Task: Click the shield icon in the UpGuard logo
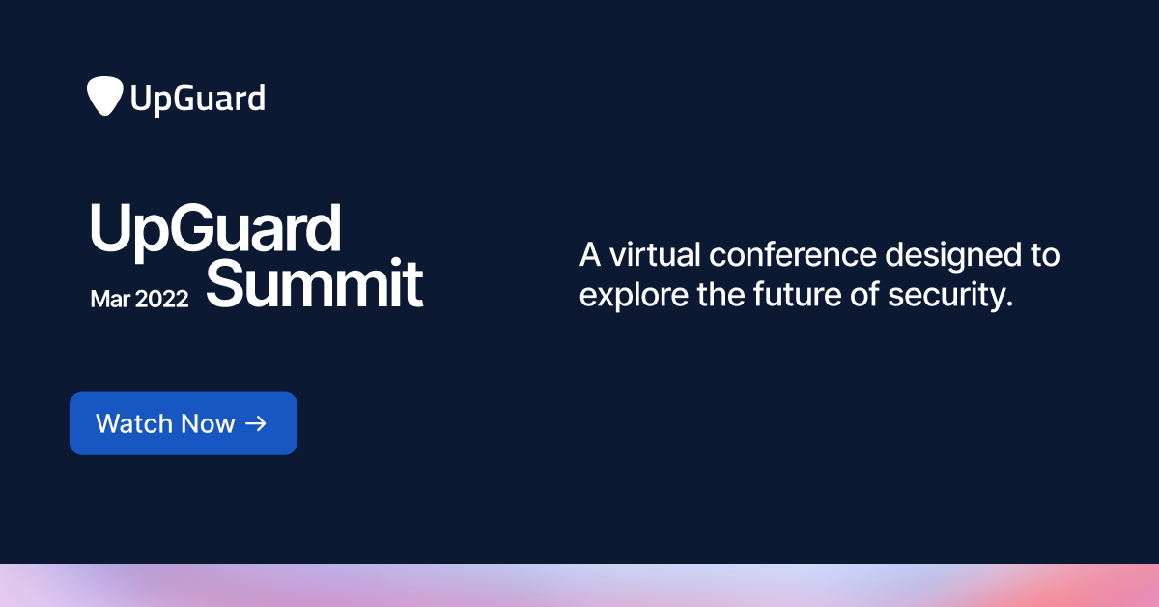[x=104, y=97]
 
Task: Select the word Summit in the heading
[x=315, y=284]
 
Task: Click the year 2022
[x=162, y=299]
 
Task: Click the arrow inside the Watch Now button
[x=256, y=423]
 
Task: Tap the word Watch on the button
[x=135, y=423]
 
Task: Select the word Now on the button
[x=212, y=423]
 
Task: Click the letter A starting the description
[x=589, y=256]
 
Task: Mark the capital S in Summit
[x=228, y=284]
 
